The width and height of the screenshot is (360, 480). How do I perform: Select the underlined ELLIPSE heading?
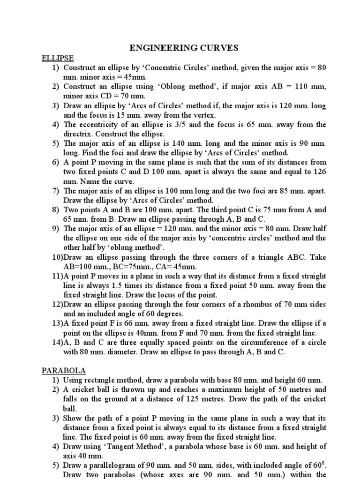57,58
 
